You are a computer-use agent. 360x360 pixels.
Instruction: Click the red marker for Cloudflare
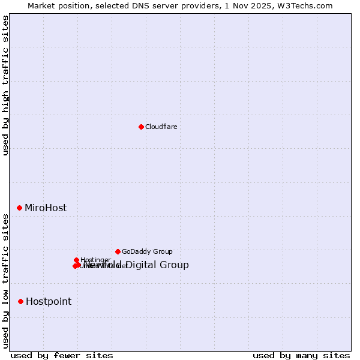pyautogui.click(x=141, y=127)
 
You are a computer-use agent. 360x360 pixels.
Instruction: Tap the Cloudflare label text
pyautogui.click(x=161, y=127)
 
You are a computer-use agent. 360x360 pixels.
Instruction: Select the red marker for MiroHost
pyautogui.click(x=20, y=208)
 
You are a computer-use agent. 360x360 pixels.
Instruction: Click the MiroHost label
pyautogui.click(x=46, y=208)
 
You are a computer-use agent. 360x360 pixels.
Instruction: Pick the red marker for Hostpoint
pyautogui.click(x=21, y=301)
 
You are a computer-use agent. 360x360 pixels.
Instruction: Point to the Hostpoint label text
pyautogui.click(x=49, y=301)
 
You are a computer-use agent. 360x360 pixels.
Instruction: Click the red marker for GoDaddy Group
pyautogui.click(x=118, y=251)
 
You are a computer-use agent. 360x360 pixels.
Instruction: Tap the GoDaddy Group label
pyautogui.click(x=147, y=251)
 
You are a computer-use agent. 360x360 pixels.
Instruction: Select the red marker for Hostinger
pyautogui.click(x=76, y=260)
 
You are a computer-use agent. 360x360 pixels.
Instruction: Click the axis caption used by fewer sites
pyautogui.click(x=62, y=355)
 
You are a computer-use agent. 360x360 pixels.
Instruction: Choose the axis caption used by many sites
pyautogui.click(x=301, y=355)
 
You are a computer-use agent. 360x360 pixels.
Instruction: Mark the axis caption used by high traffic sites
pyautogui.click(x=6, y=85)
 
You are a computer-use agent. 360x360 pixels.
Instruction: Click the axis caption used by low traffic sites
pyautogui.click(x=6, y=280)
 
